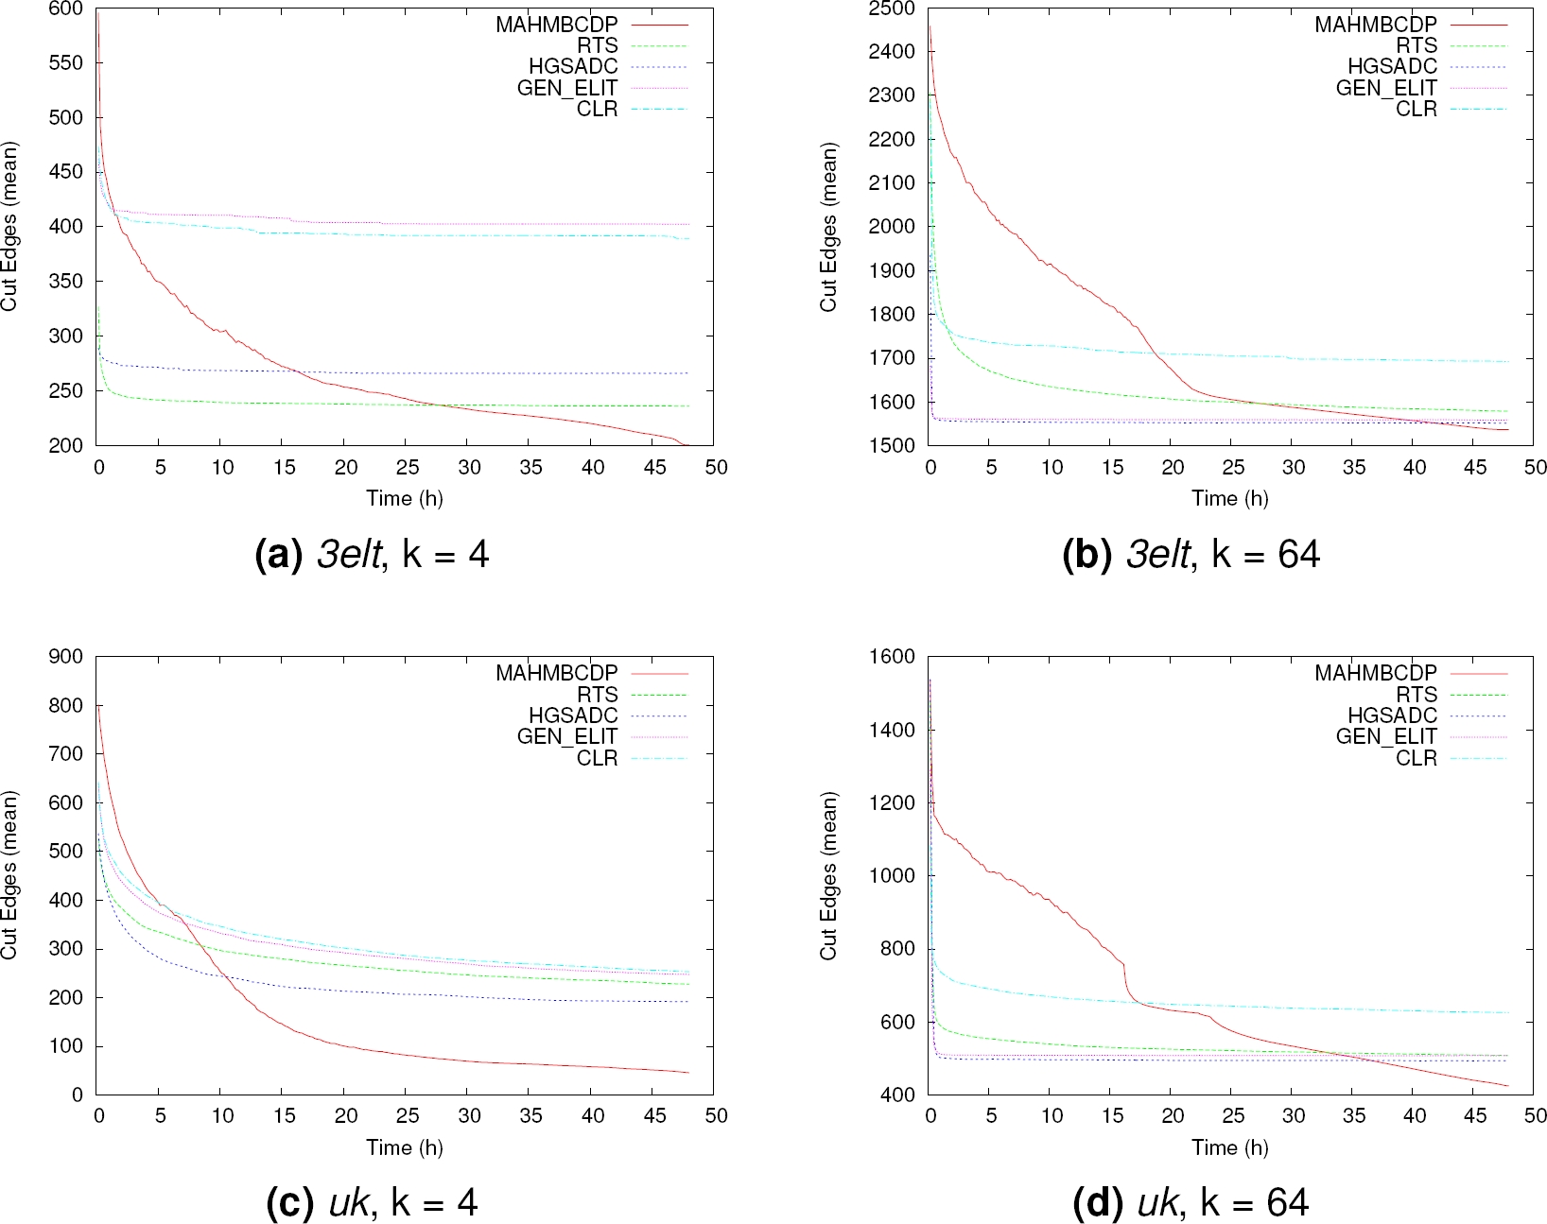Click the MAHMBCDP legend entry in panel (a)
556,25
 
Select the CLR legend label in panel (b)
1416,109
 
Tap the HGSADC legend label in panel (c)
572,715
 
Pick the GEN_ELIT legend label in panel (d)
1385,736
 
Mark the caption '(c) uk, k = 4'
372,1202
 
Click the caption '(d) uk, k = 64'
1191,1202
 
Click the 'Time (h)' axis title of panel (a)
405,498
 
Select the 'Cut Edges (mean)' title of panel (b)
829,227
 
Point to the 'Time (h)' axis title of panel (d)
1229,1147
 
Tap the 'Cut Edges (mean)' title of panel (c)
10,875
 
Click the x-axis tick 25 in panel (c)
408,1116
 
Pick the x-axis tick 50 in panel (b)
1535,468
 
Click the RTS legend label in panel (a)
597,45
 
